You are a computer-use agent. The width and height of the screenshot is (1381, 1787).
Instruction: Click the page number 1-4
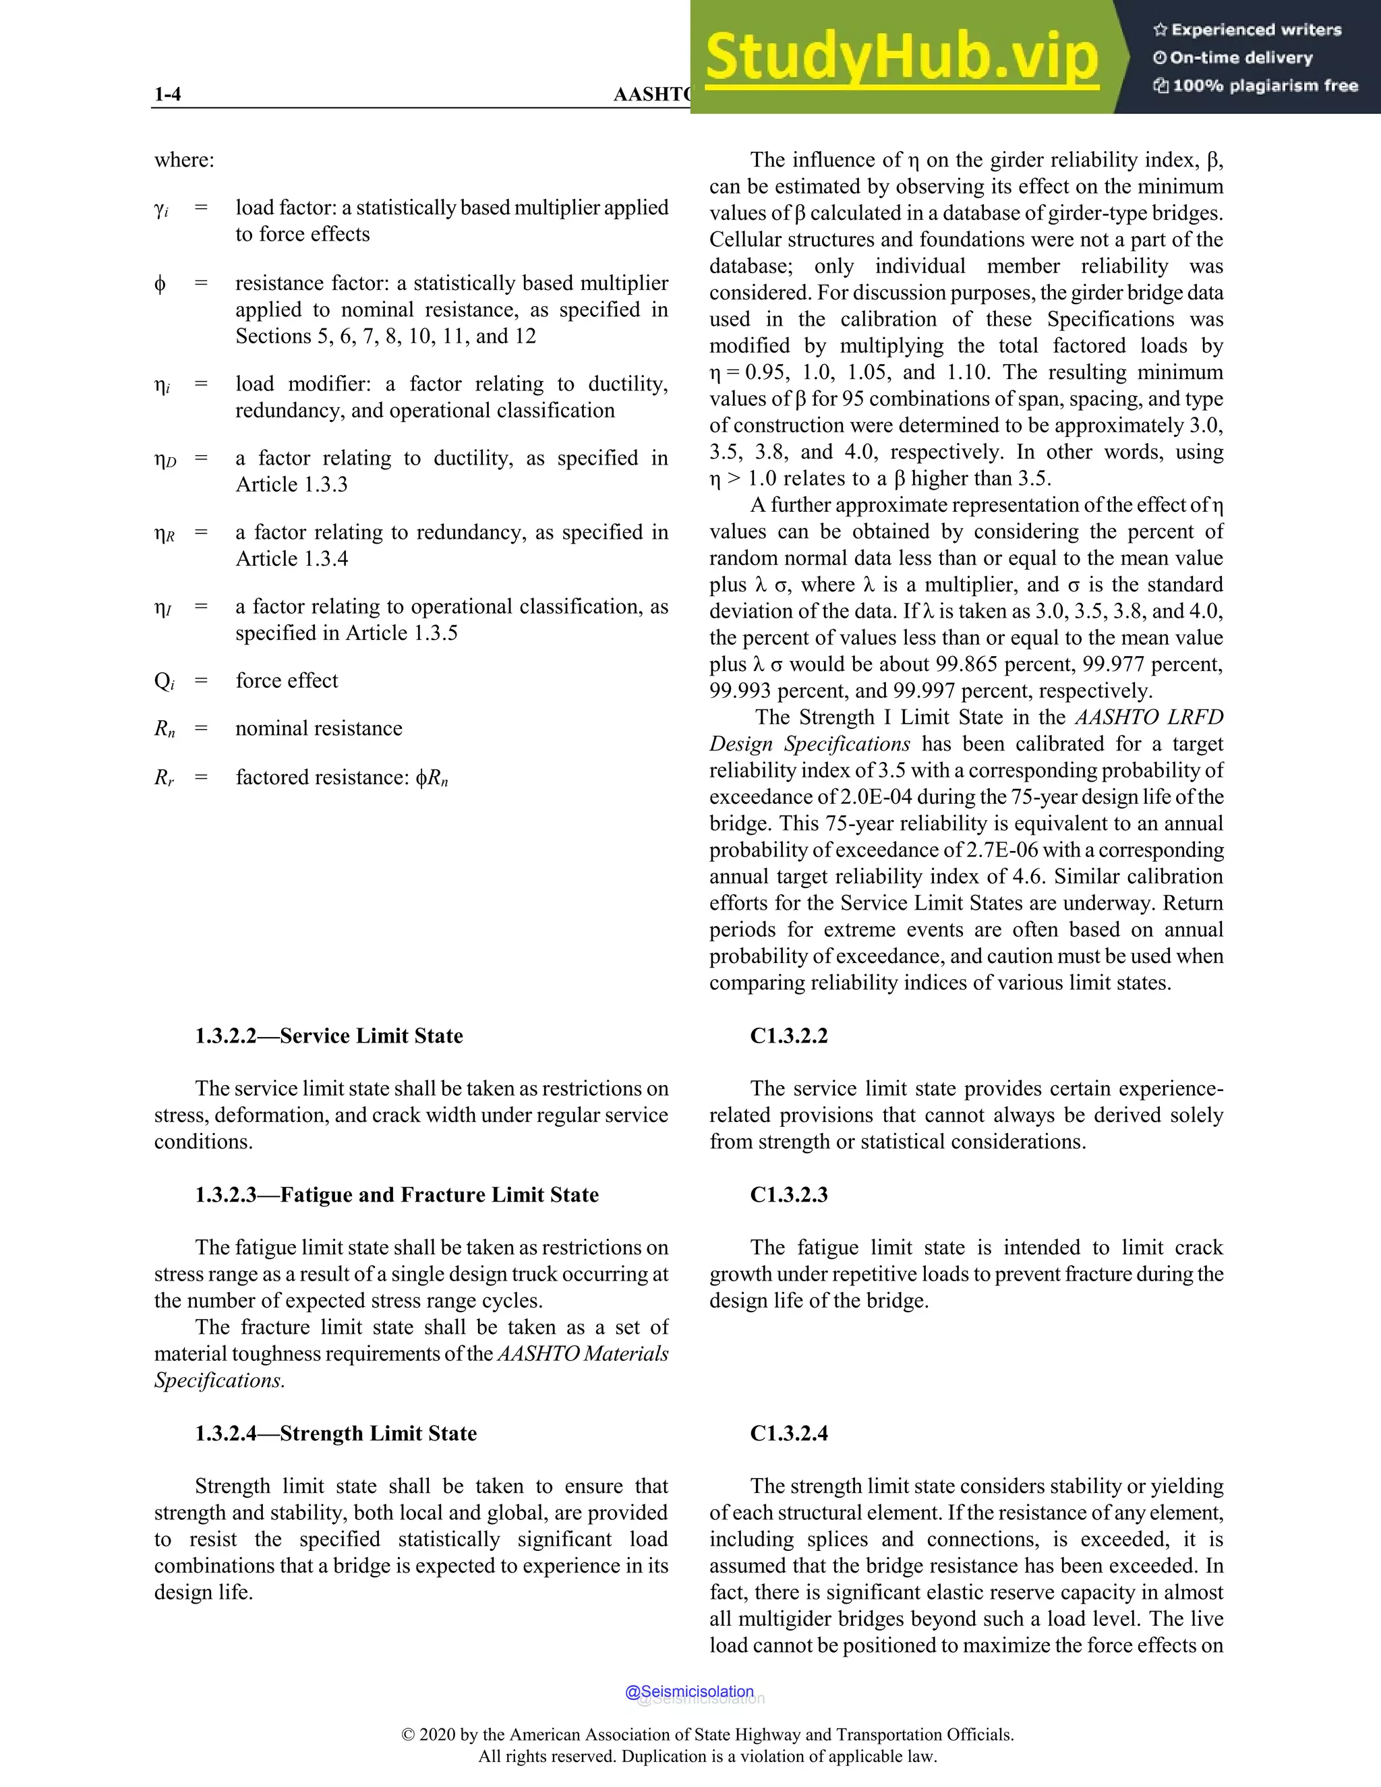tap(168, 94)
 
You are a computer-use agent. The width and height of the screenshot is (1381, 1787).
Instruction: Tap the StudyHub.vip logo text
tap(901, 57)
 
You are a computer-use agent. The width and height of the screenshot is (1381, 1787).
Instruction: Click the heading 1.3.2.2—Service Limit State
tap(329, 1036)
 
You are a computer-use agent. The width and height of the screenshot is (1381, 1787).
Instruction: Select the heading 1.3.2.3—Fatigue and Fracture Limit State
tap(396, 1195)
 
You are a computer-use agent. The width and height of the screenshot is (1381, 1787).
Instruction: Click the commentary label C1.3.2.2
tap(789, 1036)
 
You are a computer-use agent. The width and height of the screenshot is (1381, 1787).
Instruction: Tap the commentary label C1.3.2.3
tap(789, 1195)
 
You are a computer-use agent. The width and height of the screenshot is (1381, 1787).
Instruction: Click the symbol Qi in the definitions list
tap(164, 682)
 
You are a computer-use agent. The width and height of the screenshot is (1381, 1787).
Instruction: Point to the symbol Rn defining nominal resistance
tap(165, 729)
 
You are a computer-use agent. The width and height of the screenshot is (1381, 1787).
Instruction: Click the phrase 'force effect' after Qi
tap(287, 681)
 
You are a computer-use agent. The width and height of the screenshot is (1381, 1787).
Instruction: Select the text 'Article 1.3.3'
tap(291, 484)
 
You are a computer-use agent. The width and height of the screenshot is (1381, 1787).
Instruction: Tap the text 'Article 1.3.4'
tap(291, 559)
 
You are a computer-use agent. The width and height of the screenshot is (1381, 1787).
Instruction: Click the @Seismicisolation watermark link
tap(689, 1691)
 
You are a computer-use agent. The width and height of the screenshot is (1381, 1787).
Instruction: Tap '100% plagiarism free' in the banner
tap(1265, 86)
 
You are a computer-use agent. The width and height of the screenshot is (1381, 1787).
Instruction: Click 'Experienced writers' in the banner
tap(1256, 30)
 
